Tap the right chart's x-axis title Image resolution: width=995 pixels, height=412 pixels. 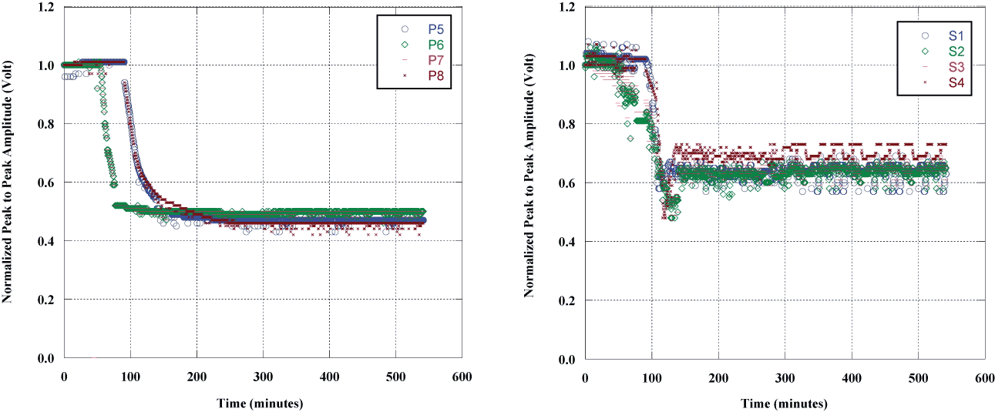tap(785, 404)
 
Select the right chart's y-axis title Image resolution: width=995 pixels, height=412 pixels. tap(529, 184)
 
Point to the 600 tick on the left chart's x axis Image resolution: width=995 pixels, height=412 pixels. tap(462, 377)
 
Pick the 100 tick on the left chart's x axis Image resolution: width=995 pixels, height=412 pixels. tap(130, 377)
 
